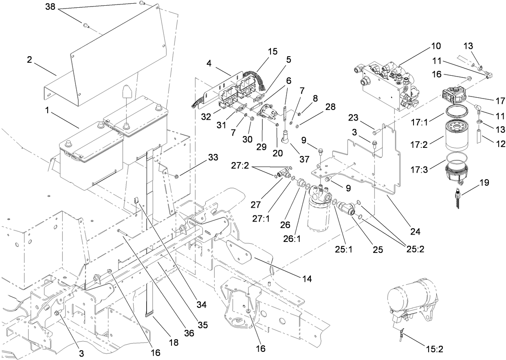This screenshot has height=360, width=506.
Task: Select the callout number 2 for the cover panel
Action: click(29, 60)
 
